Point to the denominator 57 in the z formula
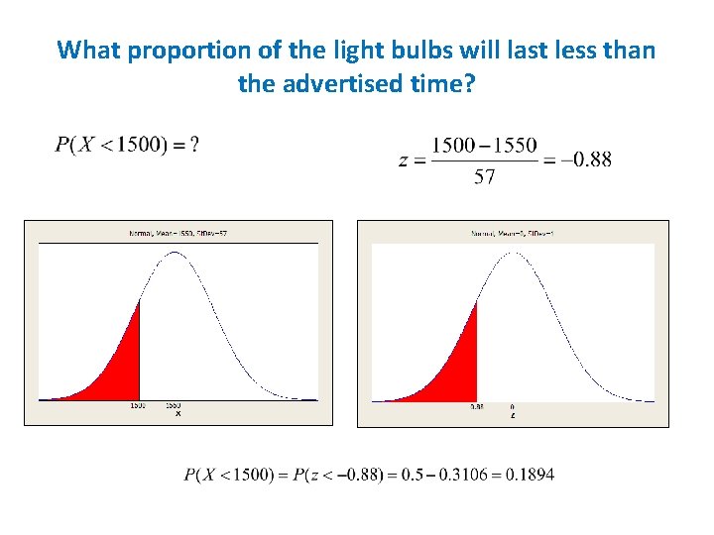485,177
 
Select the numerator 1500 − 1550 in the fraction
485,146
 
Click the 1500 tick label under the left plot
138,406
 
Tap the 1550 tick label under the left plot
174,406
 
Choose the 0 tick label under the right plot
512,406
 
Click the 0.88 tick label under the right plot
476,406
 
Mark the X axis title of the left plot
178,414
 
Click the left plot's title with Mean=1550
178,233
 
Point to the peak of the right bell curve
512,254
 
